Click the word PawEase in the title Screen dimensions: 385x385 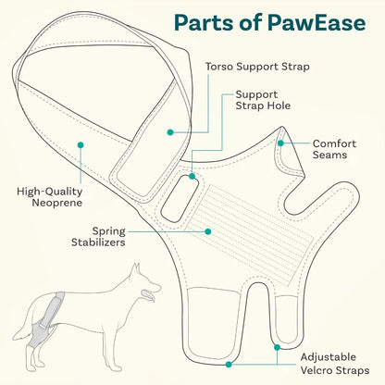(316, 23)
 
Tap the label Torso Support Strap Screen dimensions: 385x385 (257, 67)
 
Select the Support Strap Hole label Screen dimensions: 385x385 (263, 100)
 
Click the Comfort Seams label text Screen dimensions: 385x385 (334, 149)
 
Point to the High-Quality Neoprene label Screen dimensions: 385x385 (50, 197)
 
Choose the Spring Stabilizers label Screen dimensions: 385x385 (98, 237)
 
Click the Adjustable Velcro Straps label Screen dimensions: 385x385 (335, 364)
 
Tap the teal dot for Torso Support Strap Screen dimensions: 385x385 (170, 132)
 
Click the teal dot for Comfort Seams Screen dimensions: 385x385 (280, 143)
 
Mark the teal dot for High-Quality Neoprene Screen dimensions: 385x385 (81, 145)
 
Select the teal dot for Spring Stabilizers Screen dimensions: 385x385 (208, 231)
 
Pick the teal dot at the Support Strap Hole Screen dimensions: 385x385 (192, 176)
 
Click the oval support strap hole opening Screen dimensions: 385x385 (179, 199)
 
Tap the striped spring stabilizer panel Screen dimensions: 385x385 (250, 230)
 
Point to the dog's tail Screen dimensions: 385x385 (25, 321)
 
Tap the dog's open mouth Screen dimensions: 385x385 (149, 294)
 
